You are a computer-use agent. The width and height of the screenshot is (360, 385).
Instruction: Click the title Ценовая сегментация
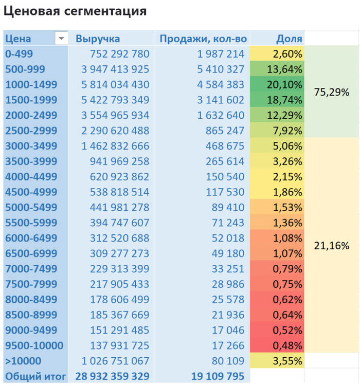(75, 11)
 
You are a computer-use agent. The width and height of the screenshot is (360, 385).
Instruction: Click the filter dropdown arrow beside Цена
(61, 39)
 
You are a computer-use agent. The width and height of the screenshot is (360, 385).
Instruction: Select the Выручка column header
(98, 39)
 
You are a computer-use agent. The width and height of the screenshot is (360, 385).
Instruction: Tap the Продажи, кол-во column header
(203, 39)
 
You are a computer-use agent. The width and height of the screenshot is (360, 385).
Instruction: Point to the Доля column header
(289, 39)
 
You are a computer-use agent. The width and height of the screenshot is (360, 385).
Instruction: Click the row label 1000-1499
(31, 84)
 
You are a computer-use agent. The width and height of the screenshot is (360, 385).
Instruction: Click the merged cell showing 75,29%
(331, 92)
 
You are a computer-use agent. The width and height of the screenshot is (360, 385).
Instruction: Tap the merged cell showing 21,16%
(331, 246)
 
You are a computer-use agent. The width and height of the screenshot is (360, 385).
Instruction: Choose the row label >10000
(23, 361)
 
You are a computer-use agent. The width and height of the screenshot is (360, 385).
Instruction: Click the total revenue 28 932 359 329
(112, 376)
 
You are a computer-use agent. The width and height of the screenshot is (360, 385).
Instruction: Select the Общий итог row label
(35, 376)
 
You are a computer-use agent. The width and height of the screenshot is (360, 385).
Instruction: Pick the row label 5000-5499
(31, 207)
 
